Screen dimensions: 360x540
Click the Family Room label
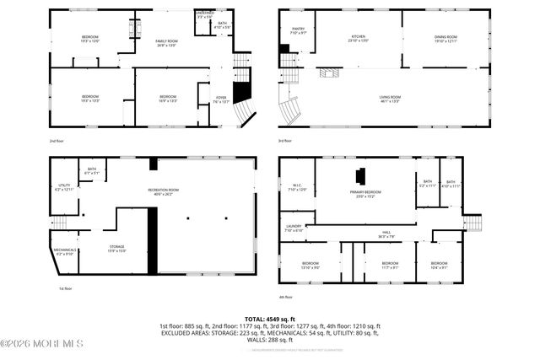(165, 44)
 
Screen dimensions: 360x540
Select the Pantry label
(298, 31)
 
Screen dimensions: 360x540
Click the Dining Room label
(445, 38)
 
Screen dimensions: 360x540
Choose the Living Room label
(389, 99)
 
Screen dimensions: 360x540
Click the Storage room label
(116, 248)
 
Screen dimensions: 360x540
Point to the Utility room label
(64, 188)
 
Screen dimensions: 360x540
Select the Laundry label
(293, 228)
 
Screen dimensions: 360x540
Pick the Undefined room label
(204, 15)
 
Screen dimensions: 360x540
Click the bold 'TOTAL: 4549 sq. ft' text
(270, 319)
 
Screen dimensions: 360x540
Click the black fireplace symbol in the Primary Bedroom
(359, 176)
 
